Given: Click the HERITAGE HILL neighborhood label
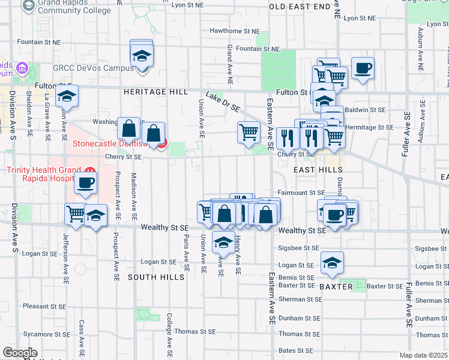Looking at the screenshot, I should pos(152,92).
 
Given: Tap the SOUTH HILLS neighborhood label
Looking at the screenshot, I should pos(156,277).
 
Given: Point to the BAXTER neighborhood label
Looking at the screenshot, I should pos(336,287).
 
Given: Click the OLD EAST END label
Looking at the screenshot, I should pos(300,7).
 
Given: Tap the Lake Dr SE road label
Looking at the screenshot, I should pos(223,101).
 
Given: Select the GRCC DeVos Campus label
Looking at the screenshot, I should pos(93,68).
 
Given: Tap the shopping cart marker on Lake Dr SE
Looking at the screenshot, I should pos(249,131).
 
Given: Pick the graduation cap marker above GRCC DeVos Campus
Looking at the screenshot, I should pos(142,56).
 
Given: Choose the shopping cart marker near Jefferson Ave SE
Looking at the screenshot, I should pos(76,213).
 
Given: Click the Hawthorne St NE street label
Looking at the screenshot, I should pos(235,31).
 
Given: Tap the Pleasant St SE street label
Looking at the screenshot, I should pos(44,306).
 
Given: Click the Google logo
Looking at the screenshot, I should pos(20,353).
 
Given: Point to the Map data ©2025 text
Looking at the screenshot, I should pos(423,355).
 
